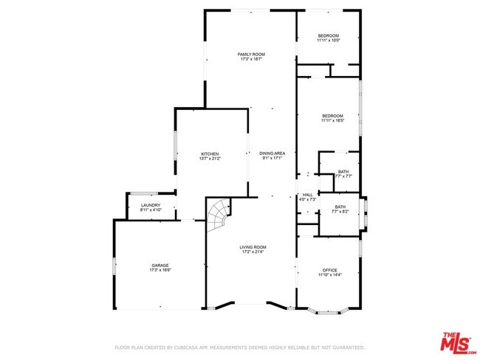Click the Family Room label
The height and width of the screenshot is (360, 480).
(x=251, y=55)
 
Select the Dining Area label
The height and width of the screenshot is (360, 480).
(x=272, y=153)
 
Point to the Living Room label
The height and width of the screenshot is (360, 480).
(x=253, y=247)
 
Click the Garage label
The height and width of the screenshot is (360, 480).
(x=160, y=265)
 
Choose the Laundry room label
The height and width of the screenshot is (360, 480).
(x=151, y=205)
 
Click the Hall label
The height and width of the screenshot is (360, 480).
(x=307, y=195)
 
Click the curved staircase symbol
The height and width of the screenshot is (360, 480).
(x=219, y=216)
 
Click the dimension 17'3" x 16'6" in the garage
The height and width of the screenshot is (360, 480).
(x=160, y=270)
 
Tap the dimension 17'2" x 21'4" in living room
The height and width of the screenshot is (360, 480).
(x=253, y=252)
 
